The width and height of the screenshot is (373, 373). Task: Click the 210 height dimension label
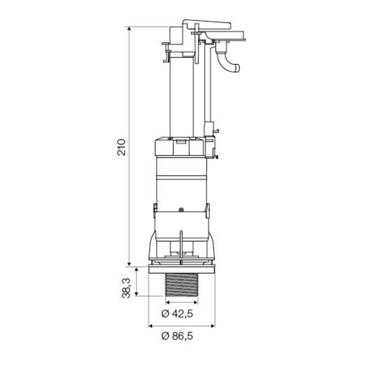coord(121,147)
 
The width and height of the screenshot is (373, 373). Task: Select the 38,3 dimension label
coord(126,288)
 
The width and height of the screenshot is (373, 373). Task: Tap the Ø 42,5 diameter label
coord(177,314)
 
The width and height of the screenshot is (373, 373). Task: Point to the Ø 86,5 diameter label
coord(177,336)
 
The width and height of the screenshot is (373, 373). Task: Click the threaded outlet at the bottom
coord(182,285)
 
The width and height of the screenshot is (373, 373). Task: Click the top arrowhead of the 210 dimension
coord(129,29)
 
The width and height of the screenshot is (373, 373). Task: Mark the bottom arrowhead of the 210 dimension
coord(129,264)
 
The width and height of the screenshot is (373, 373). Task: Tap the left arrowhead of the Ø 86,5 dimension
coord(150,326)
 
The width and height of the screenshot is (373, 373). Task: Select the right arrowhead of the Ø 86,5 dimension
coord(213,326)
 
